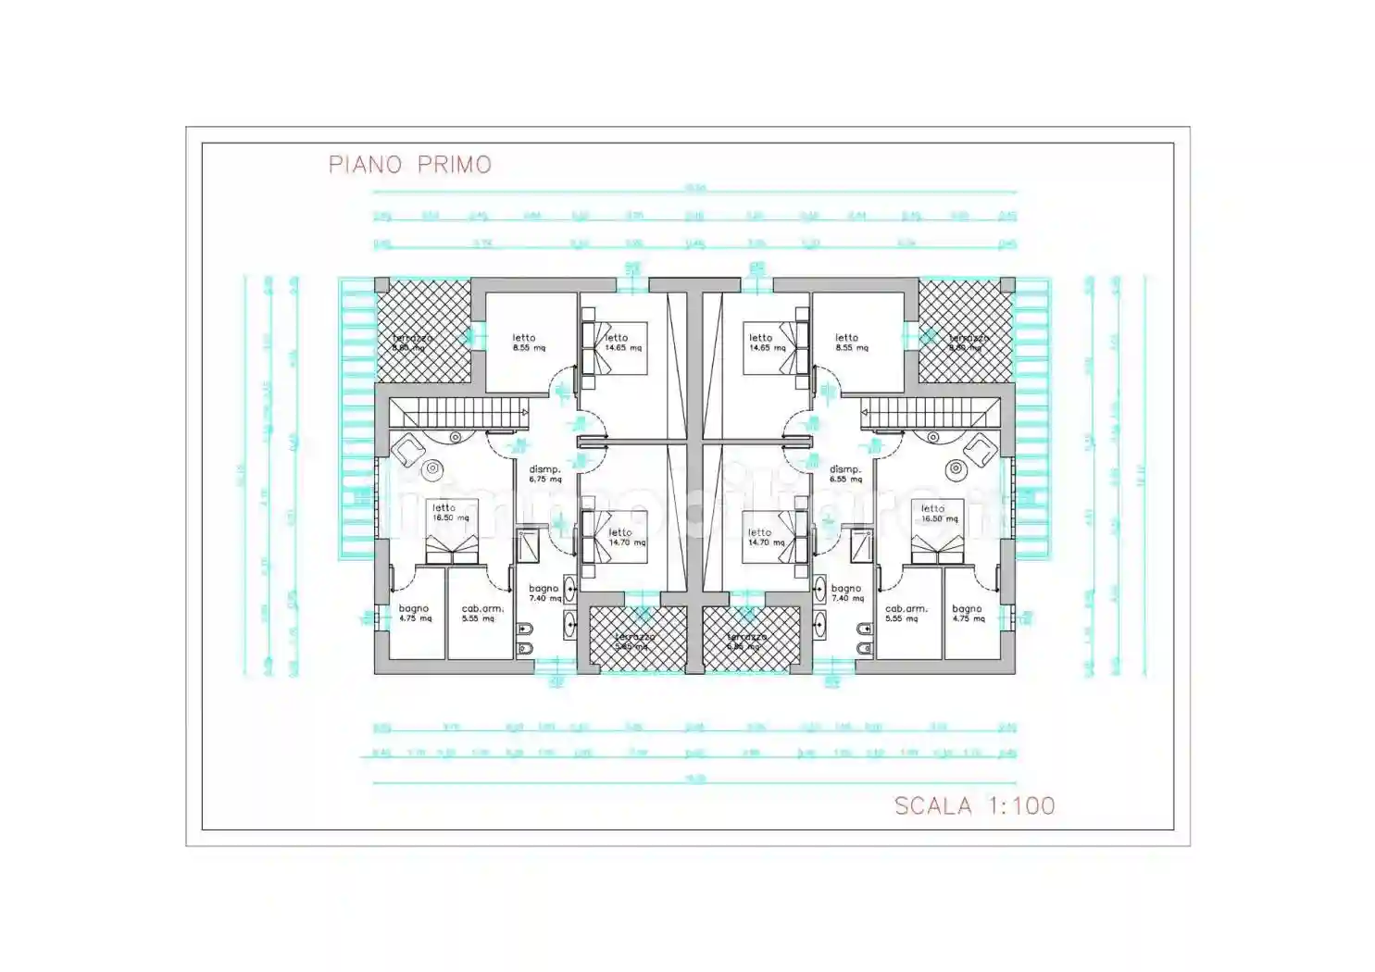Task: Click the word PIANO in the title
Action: (365, 165)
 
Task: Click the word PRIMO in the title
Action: (455, 165)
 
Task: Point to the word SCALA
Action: (932, 805)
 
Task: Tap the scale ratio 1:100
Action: (1021, 805)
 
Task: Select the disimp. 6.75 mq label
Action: (544, 474)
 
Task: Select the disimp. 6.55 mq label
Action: (844, 474)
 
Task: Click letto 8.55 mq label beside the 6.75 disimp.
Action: (528, 343)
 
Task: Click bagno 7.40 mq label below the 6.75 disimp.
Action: (544, 592)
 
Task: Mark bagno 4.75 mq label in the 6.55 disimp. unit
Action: (968, 613)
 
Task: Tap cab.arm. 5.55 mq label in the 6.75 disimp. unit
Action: (482, 613)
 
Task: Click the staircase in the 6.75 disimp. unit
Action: (458, 413)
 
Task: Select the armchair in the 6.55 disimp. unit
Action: (979, 451)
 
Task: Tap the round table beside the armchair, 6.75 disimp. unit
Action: (431, 469)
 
